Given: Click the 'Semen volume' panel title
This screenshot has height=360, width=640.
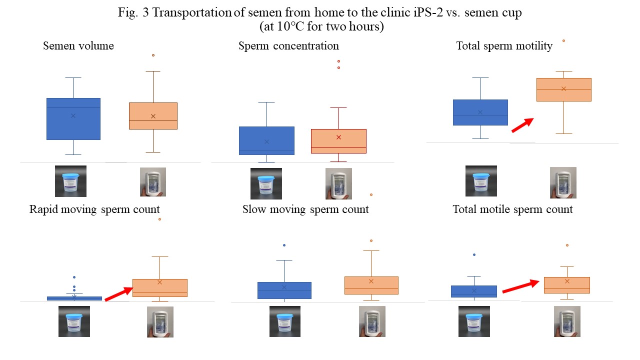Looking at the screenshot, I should (x=78, y=46).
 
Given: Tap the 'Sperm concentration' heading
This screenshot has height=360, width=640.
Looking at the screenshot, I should (x=288, y=46).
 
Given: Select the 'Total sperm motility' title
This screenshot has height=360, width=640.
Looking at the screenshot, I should (x=504, y=46).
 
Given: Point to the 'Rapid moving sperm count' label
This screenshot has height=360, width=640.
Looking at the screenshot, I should (x=94, y=209).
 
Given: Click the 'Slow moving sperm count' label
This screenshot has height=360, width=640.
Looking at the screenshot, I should (x=305, y=209).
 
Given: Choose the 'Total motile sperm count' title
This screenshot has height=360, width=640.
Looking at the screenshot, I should (x=512, y=209).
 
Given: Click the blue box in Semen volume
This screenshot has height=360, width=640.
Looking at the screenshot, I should (x=73, y=119).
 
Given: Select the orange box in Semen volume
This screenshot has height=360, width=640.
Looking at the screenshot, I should (x=153, y=116).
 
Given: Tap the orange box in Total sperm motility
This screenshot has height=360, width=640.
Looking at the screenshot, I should (x=563, y=89).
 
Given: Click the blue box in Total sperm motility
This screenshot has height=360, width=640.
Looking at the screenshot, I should (x=480, y=112).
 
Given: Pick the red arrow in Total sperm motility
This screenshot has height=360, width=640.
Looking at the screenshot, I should (x=522, y=125).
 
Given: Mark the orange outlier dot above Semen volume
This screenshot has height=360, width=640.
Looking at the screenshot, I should (x=153, y=55).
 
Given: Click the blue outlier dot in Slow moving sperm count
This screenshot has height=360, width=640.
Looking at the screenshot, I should (x=284, y=245).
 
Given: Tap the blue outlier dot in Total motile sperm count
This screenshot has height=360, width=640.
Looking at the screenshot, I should (x=474, y=255).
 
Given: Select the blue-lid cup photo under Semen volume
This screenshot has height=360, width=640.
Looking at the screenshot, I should (x=70, y=181).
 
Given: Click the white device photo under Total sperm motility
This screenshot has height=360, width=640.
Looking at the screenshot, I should (x=563, y=182).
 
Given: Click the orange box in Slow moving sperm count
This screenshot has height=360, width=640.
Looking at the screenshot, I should (x=371, y=285).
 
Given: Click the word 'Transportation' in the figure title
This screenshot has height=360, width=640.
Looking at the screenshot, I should (x=192, y=13).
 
